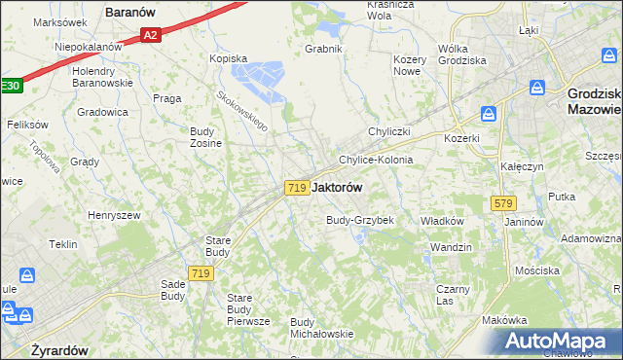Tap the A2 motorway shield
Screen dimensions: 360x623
149,36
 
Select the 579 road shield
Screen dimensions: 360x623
503,203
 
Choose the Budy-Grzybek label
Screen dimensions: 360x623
359,220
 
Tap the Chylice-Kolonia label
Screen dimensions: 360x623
375,160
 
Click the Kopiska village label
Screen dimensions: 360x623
231,57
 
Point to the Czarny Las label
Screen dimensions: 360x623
454,295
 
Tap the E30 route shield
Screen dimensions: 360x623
10,86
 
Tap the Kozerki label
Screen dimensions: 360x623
461,139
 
